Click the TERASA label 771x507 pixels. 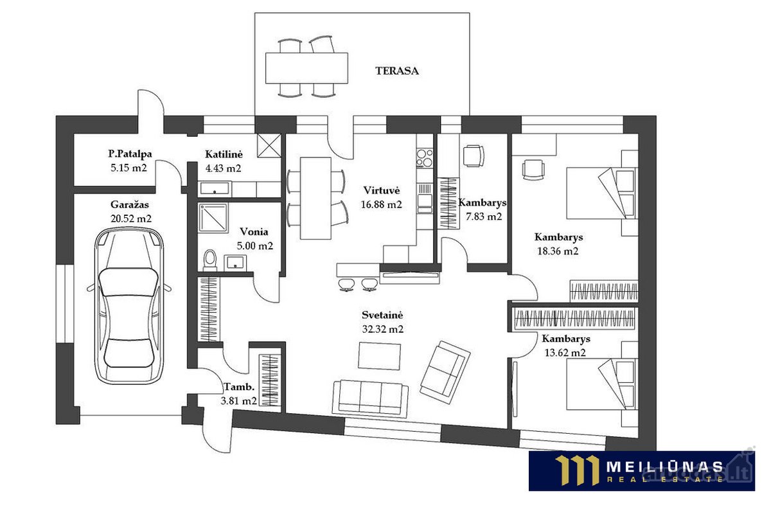[x=396, y=71]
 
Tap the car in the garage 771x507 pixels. [x=129, y=306]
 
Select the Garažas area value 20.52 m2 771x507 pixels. [x=131, y=218]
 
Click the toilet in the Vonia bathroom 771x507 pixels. [x=209, y=260]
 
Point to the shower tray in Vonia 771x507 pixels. [x=213, y=218]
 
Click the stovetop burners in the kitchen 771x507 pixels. [x=425, y=158]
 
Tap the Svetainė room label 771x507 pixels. [x=382, y=315]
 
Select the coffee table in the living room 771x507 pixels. [x=379, y=356]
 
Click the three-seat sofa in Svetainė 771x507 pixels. [x=370, y=398]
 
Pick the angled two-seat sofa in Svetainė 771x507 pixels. [x=445, y=373]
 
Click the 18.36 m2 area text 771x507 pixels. [x=558, y=251]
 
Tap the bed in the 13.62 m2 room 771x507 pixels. [x=602, y=384]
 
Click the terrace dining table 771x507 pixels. [x=306, y=68]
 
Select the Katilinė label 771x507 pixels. [x=224, y=154]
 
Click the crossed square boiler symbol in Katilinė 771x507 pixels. [x=269, y=146]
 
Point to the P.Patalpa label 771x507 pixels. [x=130, y=154]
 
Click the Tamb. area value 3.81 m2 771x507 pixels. [x=238, y=400]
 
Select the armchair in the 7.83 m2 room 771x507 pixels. [x=474, y=156]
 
